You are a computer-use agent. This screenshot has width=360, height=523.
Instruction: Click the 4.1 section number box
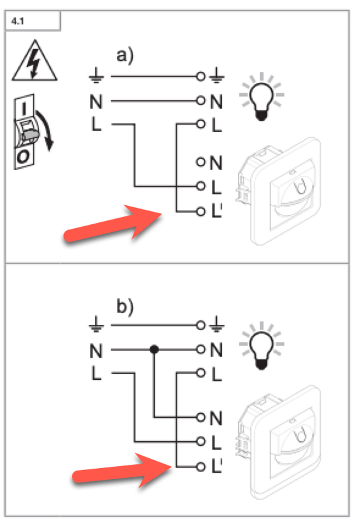[x=33, y=22]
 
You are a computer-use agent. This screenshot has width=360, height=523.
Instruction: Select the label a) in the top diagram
[x=125, y=56]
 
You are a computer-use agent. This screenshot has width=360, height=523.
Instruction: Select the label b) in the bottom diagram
[x=123, y=307]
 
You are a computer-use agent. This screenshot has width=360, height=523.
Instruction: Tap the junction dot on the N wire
[x=154, y=350]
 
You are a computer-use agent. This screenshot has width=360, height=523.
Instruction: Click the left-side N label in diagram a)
[x=96, y=102]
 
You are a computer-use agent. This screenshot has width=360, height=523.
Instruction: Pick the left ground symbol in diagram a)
[x=96, y=78]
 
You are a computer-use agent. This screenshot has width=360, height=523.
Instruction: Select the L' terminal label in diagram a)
[x=218, y=211]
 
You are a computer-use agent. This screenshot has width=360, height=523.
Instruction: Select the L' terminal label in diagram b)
[x=218, y=466]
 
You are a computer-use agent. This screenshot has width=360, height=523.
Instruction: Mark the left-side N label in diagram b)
[x=96, y=350]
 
